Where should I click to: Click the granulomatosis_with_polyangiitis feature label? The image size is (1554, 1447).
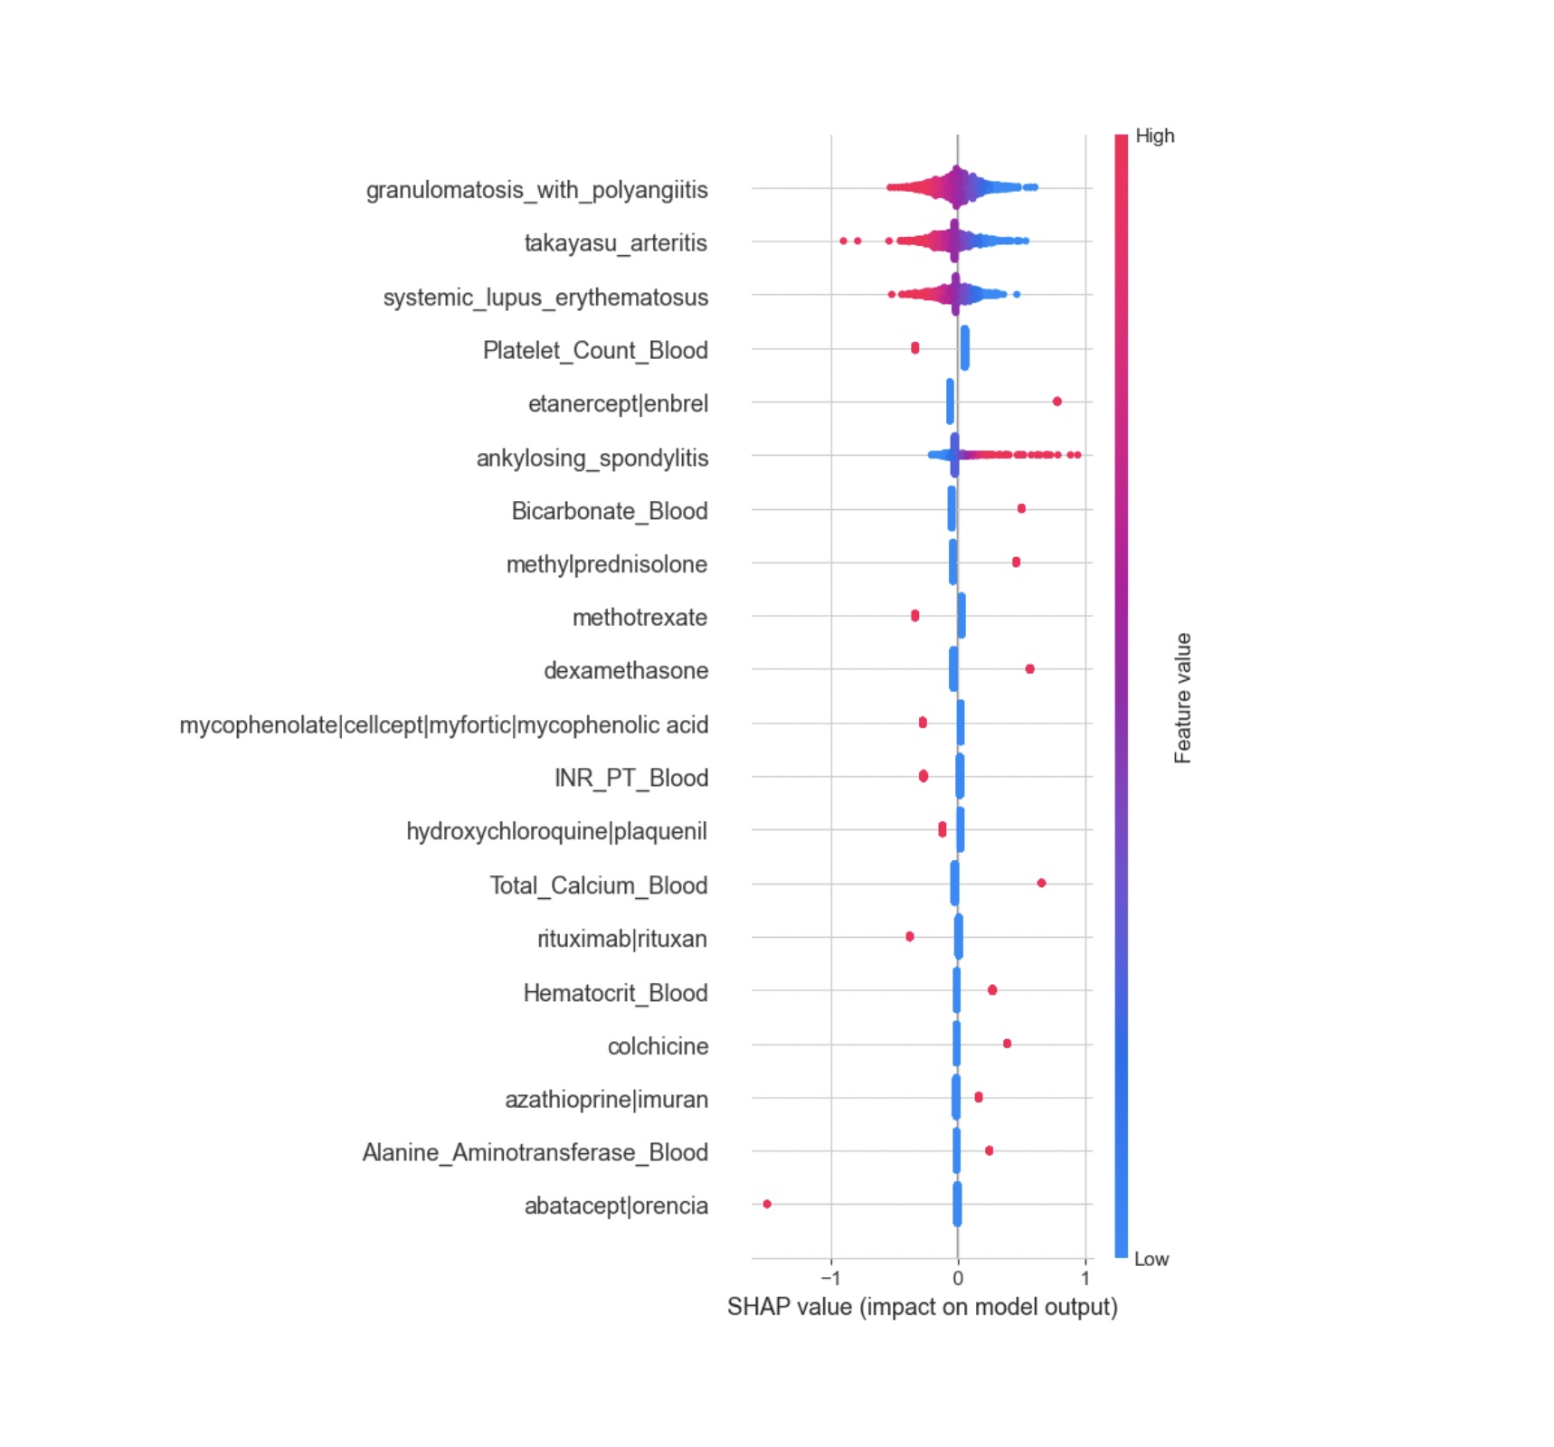[x=536, y=190]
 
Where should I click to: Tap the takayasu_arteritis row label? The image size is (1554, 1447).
[x=615, y=243]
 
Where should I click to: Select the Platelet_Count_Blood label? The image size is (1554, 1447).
[x=595, y=351]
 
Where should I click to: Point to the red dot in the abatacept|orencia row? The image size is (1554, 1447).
[x=767, y=1204]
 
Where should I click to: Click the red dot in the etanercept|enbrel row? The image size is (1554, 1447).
[x=1057, y=402]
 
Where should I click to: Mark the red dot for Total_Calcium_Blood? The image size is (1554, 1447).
[x=1041, y=883]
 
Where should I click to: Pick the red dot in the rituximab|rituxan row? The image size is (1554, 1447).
[x=910, y=937]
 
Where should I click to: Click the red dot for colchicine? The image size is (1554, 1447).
[x=1007, y=1044]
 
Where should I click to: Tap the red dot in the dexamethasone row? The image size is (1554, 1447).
[x=1029, y=669]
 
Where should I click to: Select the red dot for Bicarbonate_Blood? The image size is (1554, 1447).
[x=1021, y=508]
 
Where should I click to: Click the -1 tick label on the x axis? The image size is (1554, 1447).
[x=829, y=1279]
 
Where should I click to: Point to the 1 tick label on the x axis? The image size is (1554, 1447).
[x=1085, y=1279]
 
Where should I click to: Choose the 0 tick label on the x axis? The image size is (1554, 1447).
[x=958, y=1279]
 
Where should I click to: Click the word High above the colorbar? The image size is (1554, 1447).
[x=1154, y=136]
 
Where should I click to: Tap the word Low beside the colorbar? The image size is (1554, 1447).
[x=1151, y=1259]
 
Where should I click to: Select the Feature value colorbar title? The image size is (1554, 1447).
[x=1182, y=698]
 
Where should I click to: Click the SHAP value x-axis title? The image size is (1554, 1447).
[x=922, y=1307]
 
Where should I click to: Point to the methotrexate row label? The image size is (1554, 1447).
[x=640, y=618]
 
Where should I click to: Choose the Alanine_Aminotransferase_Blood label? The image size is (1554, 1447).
[x=535, y=1153]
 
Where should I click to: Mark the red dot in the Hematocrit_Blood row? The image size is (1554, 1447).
[x=992, y=990]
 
